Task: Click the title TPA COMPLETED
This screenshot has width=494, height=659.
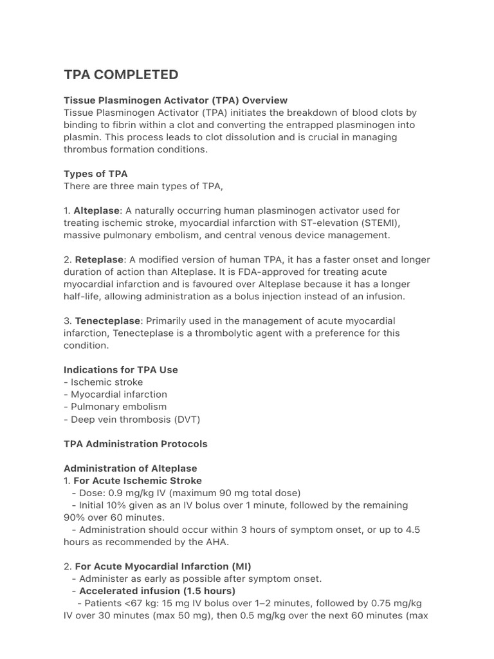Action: click(x=121, y=75)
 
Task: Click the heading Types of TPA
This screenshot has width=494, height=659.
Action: click(x=95, y=174)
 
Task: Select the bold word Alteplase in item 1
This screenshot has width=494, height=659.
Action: click(x=98, y=210)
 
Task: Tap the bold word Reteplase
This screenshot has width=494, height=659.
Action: click(x=99, y=259)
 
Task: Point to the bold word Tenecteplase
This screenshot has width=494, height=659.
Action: click(x=107, y=320)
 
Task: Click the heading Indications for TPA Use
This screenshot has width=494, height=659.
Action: click(x=121, y=369)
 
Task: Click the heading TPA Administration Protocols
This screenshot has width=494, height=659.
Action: click(x=136, y=443)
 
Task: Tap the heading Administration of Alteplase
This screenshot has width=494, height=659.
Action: click(x=131, y=468)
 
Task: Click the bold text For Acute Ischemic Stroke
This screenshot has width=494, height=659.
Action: click(x=138, y=480)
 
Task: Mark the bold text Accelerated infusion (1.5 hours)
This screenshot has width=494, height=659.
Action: click(x=158, y=591)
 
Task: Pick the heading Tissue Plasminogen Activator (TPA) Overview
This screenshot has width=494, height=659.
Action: click(x=176, y=100)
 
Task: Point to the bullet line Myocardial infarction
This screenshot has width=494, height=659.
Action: click(x=118, y=394)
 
